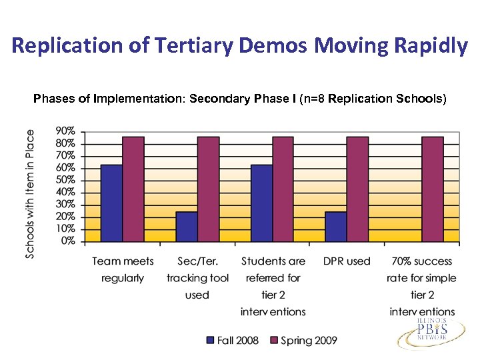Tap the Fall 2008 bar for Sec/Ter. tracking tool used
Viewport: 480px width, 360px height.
(x=187, y=227)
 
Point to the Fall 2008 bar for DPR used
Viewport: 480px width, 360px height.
(x=336, y=227)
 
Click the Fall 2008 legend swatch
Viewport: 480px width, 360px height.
(x=211, y=340)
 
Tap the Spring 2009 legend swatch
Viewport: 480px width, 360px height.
(x=273, y=340)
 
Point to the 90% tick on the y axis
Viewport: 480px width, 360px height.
(x=65, y=131)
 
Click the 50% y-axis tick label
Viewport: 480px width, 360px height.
(x=65, y=180)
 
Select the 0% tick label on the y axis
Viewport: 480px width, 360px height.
(x=67, y=241)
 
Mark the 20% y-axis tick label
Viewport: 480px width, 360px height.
(x=65, y=217)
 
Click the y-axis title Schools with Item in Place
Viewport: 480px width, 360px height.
(x=30, y=193)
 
